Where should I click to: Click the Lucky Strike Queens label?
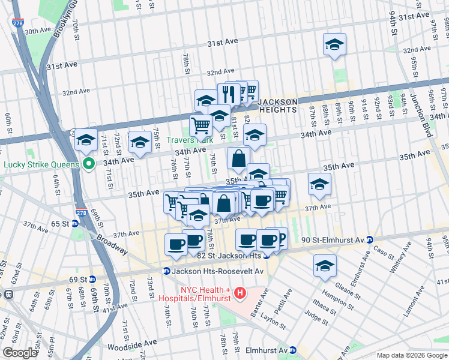41,164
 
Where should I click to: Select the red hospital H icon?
240,293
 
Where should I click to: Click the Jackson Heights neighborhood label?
278,106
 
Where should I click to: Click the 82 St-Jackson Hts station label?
231,255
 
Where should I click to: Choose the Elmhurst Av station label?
268,350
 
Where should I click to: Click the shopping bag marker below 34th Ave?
238,159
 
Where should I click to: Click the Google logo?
19,353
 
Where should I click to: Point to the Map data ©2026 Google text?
410,355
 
